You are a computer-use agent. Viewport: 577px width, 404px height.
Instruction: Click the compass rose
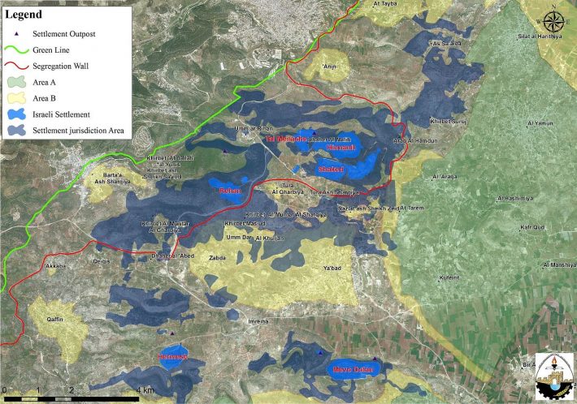pyautogui.click(x=553, y=19)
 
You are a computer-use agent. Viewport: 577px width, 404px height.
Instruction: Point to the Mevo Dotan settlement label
pyautogui.click(x=349, y=371)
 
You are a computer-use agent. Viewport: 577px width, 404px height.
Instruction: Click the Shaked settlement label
pyautogui.click(x=331, y=169)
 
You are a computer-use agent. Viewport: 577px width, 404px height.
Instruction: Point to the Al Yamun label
pyautogui.click(x=540, y=123)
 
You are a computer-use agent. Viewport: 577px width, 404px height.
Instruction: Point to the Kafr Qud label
pyautogui.click(x=532, y=229)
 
